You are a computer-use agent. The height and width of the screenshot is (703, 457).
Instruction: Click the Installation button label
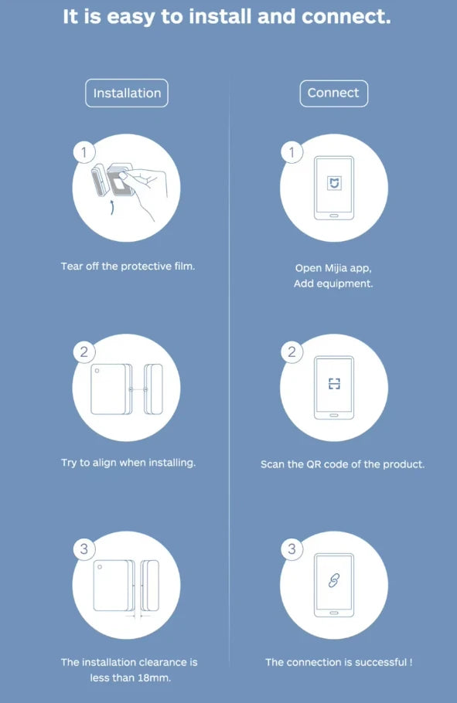click(x=127, y=93)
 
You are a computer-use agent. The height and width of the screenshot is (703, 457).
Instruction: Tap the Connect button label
click(x=333, y=93)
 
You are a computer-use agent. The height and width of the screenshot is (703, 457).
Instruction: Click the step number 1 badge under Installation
click(x=84, y=152)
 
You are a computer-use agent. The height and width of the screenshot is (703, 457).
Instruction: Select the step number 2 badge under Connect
click(x=292, y=352)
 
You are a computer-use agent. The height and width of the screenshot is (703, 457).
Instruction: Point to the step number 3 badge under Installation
click(x=84, y=549)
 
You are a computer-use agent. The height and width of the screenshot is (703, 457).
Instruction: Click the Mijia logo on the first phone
click(x=334, y=185)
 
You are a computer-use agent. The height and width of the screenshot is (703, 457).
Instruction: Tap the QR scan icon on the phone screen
click(x=334, y=384)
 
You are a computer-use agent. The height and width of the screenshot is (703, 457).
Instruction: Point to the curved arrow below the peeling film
click(x=111, y=208)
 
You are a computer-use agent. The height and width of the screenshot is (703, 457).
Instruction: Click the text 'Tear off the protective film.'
click(x=128, y=266)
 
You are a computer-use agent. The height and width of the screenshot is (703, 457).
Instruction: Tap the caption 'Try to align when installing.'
click(x=128, y=463)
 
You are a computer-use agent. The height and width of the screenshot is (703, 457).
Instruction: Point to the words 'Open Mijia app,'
click(x=333, y=268)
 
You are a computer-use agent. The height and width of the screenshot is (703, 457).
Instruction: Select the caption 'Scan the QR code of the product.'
click(x=343, y=464)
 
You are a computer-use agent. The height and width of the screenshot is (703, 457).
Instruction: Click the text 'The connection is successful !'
click(x=339, y=662)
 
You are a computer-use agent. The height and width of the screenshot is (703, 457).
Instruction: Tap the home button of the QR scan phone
click(x=334, y=414)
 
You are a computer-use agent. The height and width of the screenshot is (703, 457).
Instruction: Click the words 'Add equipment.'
click(x=333, y=284)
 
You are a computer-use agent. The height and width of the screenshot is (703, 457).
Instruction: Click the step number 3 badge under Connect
click(x=292, y=549)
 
